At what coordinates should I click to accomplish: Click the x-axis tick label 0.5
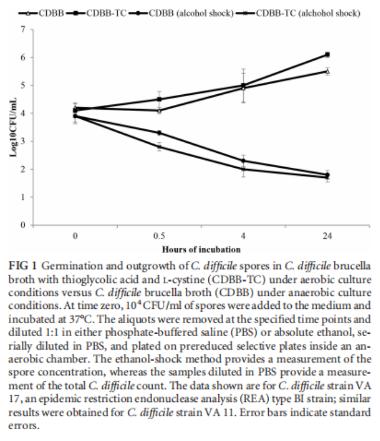click(x=159, y=236)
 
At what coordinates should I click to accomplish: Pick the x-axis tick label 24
click(x=327, y=236)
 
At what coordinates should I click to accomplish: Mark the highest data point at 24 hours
click(x=327, y=55)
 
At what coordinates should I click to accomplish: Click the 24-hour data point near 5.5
click(x=327, y=71)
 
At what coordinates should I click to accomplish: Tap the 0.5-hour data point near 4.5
click(x=159, y=99)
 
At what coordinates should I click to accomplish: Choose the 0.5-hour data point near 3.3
click(x=159, y=133)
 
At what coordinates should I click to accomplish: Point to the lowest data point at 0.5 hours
click(x=159, y=146)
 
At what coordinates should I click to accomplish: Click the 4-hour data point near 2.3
click(x=243, y=161)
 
